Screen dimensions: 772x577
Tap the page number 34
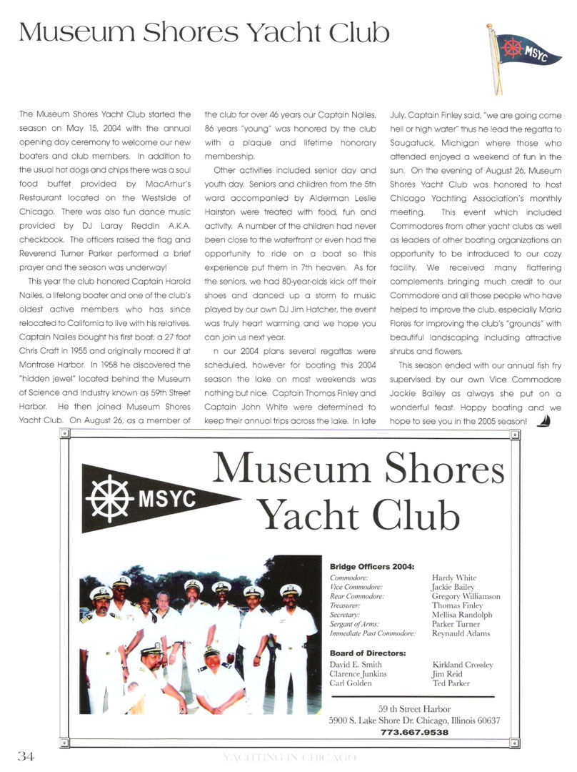pyautogui.click(x=26, y=757)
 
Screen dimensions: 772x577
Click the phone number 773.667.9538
pyautogui.click(x=414, y=732)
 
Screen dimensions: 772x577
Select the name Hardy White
pyautogui.click(x=454, y=578)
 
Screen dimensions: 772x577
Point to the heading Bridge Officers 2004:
pyautogui.click(x=371, y=567)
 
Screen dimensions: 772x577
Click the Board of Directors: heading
pyautogui.click(x=367, y=653)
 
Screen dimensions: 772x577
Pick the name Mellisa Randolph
pyautogui.click(x=462, y=615)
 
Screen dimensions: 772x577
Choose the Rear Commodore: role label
pyautogui.click(x=357, y=596)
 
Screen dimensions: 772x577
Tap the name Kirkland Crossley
pyautogui.click(x=462, y=664)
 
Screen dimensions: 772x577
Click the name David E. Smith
pyautogui.click(x=356, y=664)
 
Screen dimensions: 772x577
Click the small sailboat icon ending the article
pyautogui.click(x=543, y=421)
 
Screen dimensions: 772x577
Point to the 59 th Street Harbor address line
pyautogui.click(x=414, y=708)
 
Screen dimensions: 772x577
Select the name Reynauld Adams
pyautogui.click(x=461, y=633)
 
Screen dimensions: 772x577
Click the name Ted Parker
pyautogui.click(x=451, y=683)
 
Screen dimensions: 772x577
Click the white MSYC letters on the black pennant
pyautogui.click(x=166, y=498)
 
